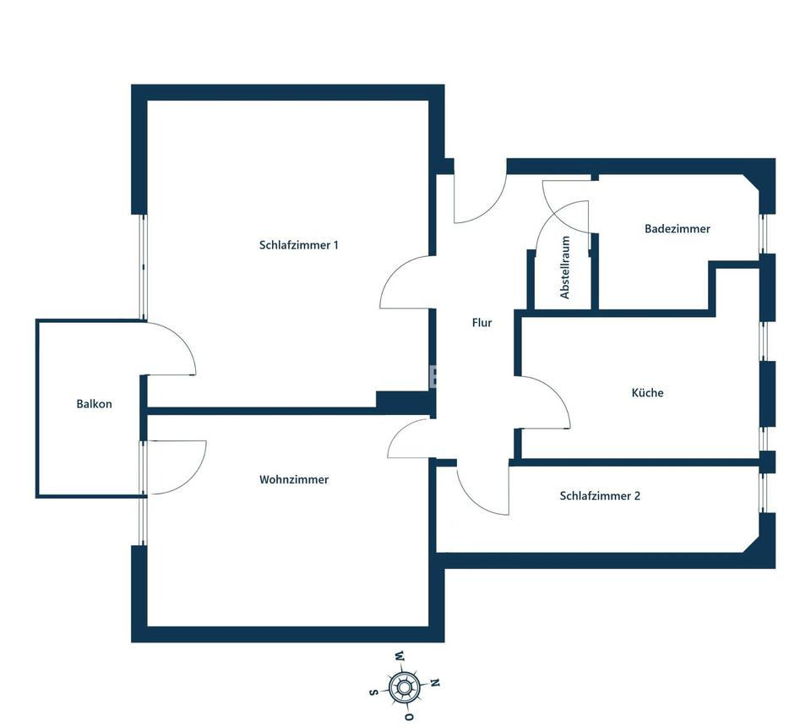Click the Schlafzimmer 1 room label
[298, 245]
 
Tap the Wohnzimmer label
[293, 479]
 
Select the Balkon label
[94, 404]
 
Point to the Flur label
[482, 322]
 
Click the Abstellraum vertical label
[565, 267]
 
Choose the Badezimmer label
[677, 229]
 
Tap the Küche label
[647, 393]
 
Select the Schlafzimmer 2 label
[600, 496]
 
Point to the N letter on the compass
[436, 683]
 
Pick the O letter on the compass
[409, 718]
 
